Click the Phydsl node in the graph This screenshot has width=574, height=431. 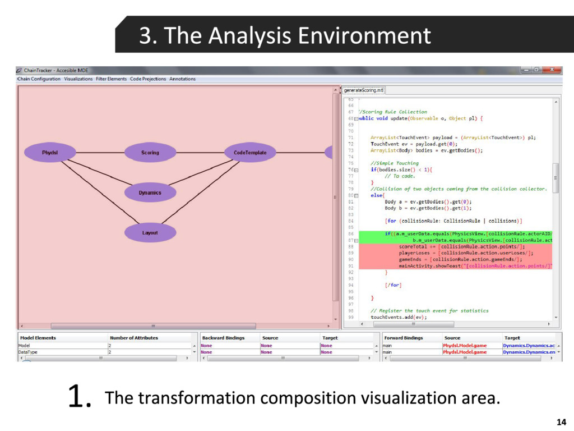point(50,153)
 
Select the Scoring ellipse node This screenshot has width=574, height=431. point(150,153)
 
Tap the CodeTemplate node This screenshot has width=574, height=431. point(250,153)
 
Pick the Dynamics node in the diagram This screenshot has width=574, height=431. point(150,192)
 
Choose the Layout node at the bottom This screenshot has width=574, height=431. point(150,233)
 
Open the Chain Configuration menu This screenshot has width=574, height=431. point(39,79)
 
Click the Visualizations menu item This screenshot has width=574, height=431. point(78,79)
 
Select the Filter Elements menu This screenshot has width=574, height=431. point(112,79)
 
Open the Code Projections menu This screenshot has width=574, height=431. point(148,79)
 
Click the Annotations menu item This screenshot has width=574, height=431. point(183,79)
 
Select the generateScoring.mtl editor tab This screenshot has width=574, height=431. point(364,90)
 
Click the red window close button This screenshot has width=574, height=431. point(553,70)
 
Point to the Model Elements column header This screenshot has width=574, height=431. point(38,338)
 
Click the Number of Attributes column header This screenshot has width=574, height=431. point(134,338)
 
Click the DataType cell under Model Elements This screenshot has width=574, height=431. point(28,352)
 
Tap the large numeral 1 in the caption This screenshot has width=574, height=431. point(78,397)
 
